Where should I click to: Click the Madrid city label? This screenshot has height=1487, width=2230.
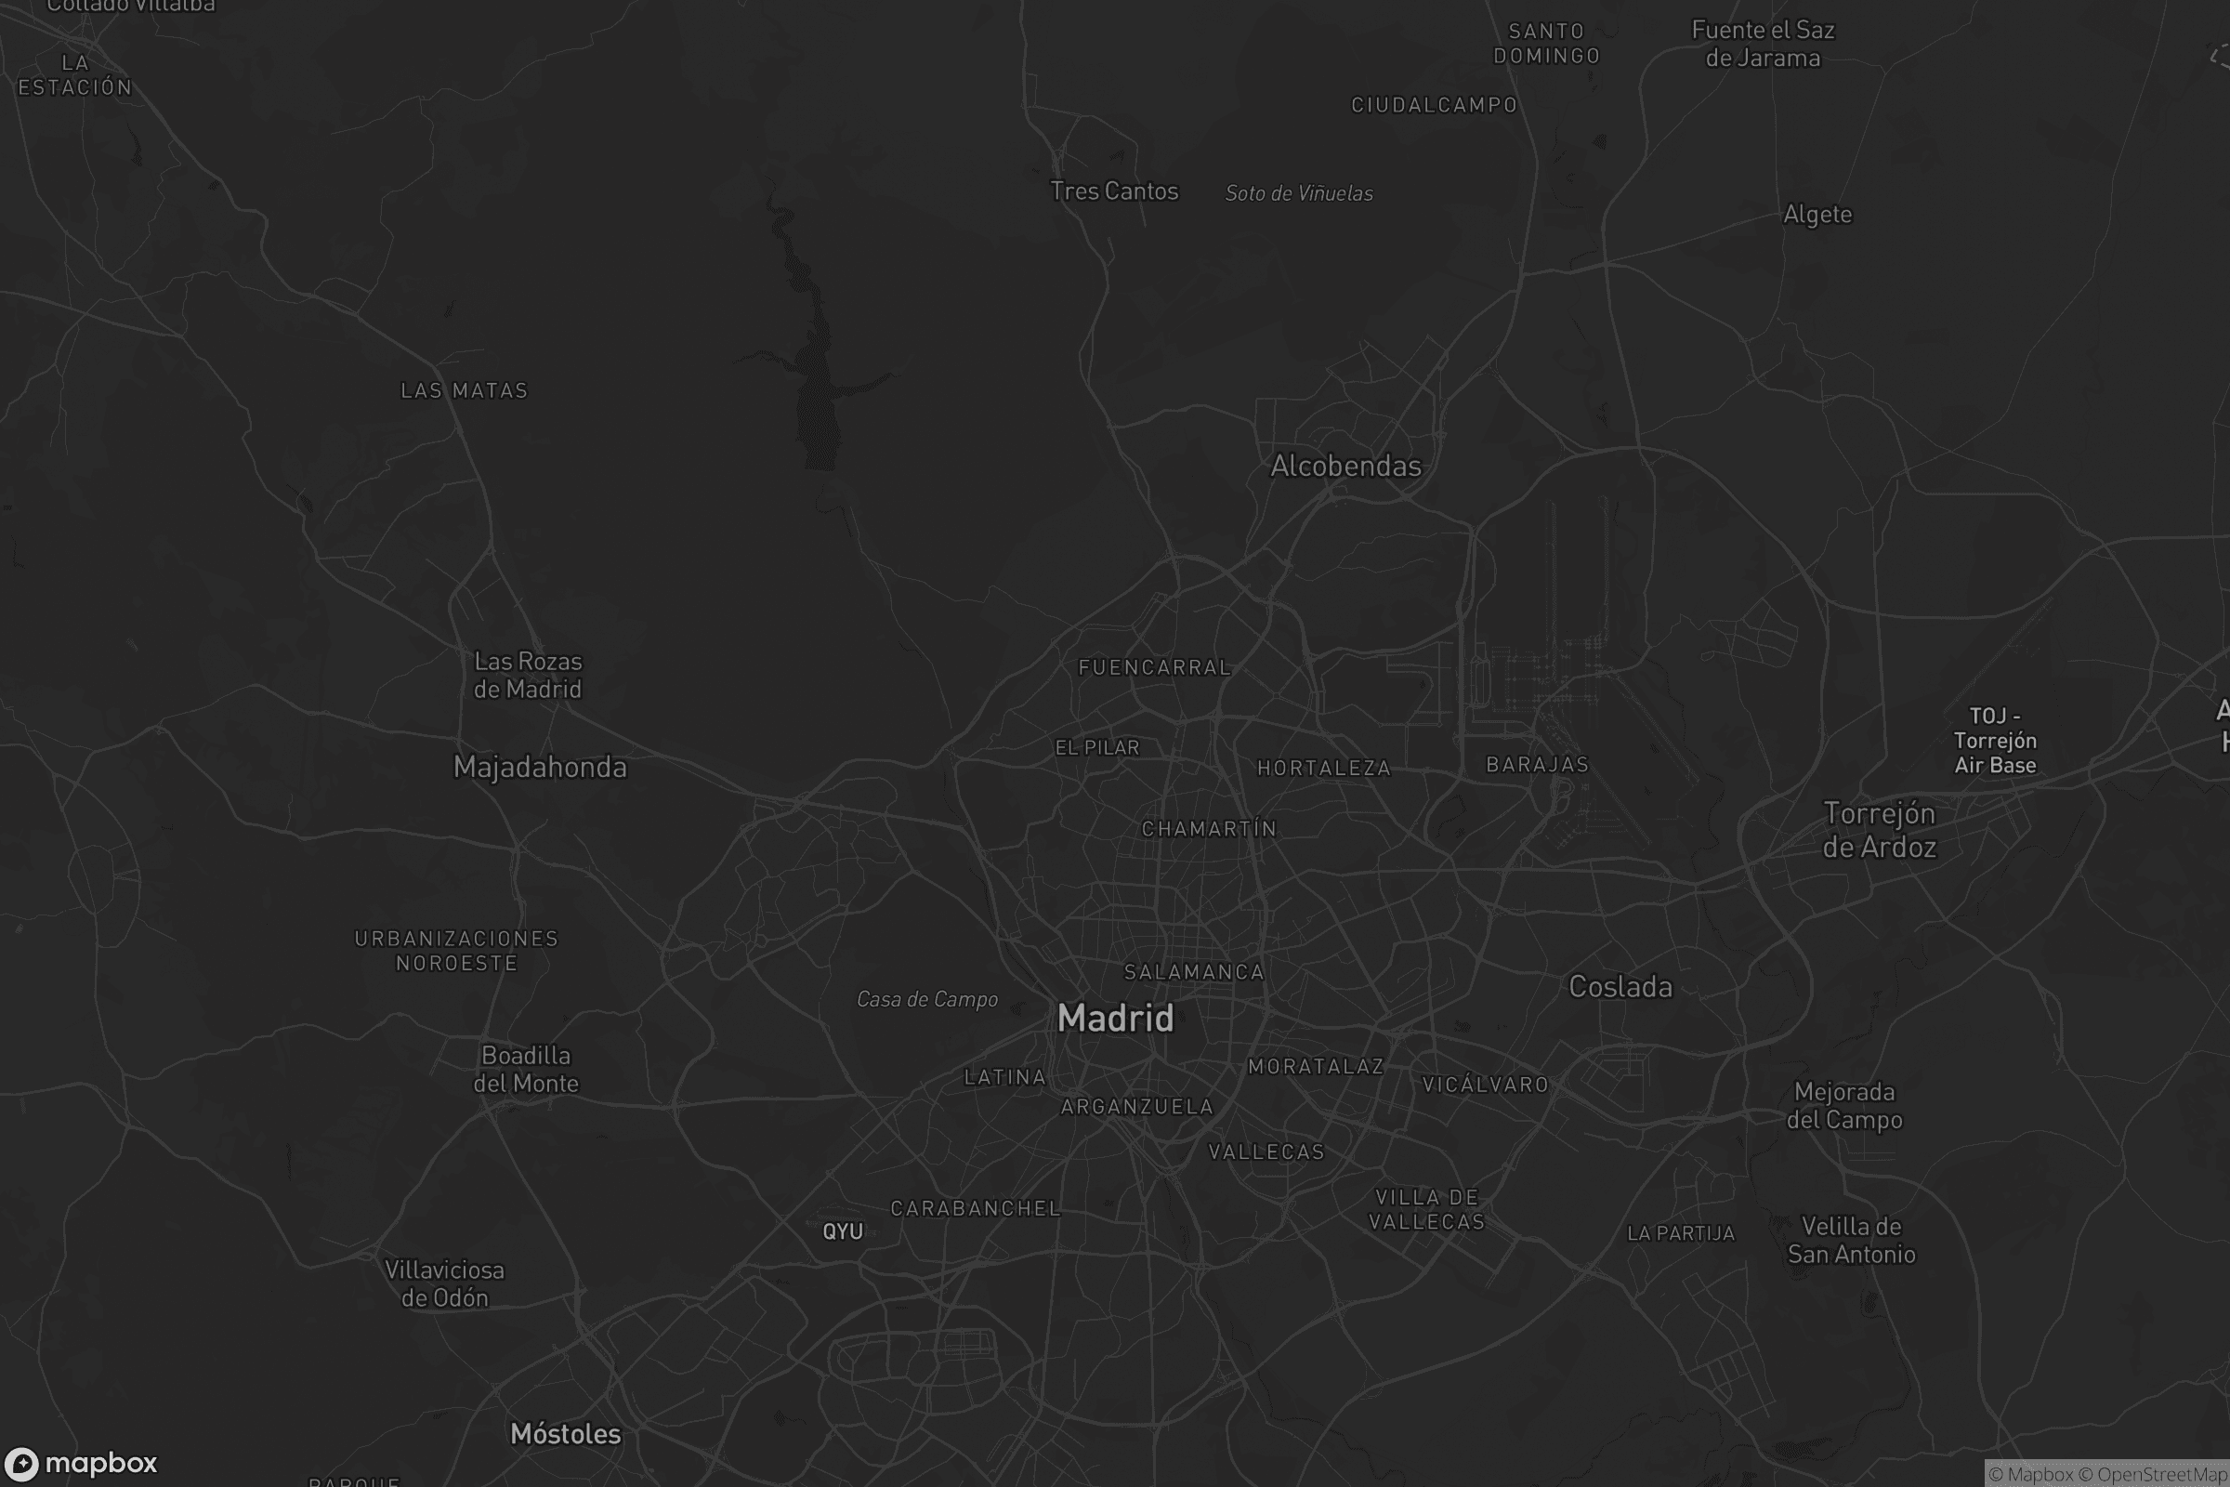pyautogui.click(x=1115, y=1019)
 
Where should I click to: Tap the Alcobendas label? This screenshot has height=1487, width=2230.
pyautogui.click(x=1345, y=466)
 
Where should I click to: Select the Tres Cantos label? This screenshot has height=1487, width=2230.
pyautogui.click(x=1114, y=191)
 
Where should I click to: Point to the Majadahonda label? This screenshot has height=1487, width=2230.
pyautogui.click(x=540, y=768)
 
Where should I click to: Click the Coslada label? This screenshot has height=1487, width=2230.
pyautogui.click(x=1620, y=987)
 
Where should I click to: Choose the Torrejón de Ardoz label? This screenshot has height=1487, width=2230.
pyautogui.click(x=1879, y=830)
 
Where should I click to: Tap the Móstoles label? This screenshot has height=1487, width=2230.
pyautogui.click(x=565, y=1434)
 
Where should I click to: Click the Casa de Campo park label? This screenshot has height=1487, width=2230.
pyautogui.click(x=926, y=1000)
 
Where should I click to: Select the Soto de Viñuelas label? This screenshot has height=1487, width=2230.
pyautogui.click(x=1299, y=193)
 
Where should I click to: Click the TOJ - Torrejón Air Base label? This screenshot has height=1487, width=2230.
pyautogui.click(x=1995, y=741)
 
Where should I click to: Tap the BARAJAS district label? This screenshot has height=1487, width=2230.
pyautogui.click(x=1537, y=764)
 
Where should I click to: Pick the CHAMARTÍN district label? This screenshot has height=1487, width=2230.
pyautogui.click(x=1209, y=829)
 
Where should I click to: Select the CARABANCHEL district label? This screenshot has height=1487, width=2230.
pyautogui.click(x=975, y=1208)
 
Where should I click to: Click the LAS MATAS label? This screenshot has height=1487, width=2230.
pyautogui.click(x=464, y=390)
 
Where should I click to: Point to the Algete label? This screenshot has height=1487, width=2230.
pyautogui.click(x=1817, y=215)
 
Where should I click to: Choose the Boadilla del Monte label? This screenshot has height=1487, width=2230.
pyautogui.click(x=526, y=1070)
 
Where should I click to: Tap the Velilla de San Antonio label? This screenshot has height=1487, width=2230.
pyautogui.click(x=1851, y=1241)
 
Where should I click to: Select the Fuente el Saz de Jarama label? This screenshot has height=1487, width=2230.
pyautogui.click(x=1763, y=45)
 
